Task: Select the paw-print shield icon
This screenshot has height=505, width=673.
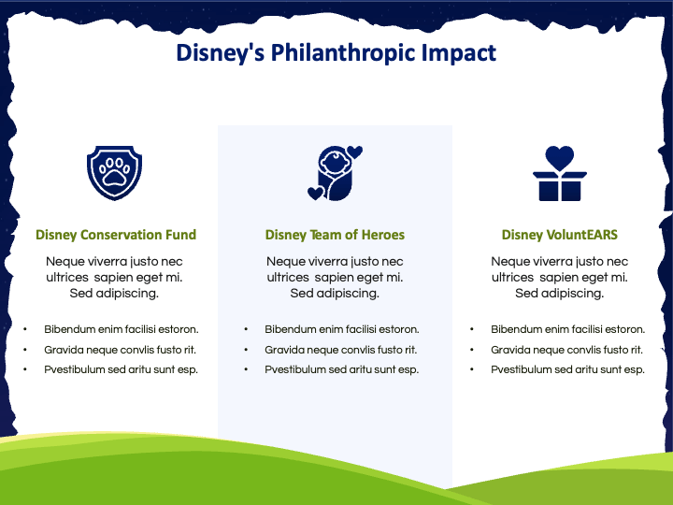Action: [114, 173]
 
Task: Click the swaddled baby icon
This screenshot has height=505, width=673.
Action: [336, 173]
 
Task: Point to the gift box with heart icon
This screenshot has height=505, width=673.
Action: [560, 173]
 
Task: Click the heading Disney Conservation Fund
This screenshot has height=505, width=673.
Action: [116, 235]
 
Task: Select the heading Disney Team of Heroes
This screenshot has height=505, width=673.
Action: [335, 235]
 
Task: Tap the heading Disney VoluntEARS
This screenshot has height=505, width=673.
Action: [560, 235]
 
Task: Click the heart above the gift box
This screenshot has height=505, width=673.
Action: [560, 158]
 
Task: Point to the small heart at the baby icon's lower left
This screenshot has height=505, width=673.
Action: [316, 194]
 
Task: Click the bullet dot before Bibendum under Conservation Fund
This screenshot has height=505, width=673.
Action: [25, 329]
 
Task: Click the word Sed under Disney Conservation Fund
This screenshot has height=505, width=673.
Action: [81, 294]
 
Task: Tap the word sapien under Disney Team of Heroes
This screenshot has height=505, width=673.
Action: [332, 278]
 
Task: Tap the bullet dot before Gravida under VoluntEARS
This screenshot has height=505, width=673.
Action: [472, 350]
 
